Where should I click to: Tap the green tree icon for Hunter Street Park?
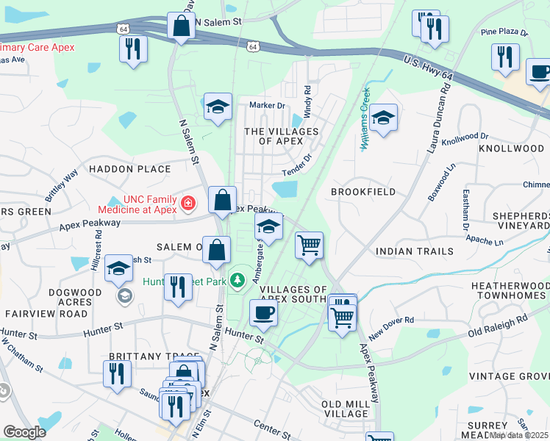click(x=237, y=280)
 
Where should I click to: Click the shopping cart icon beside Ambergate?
click(x=310, y=245)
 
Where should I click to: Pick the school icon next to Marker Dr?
click(x=218, y=107)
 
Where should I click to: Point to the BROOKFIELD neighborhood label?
click(x=363, y=192)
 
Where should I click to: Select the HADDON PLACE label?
click(x=129, y=169)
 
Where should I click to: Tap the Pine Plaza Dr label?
click(x=504, y=33)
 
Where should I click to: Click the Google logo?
click(x=24, y=431)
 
